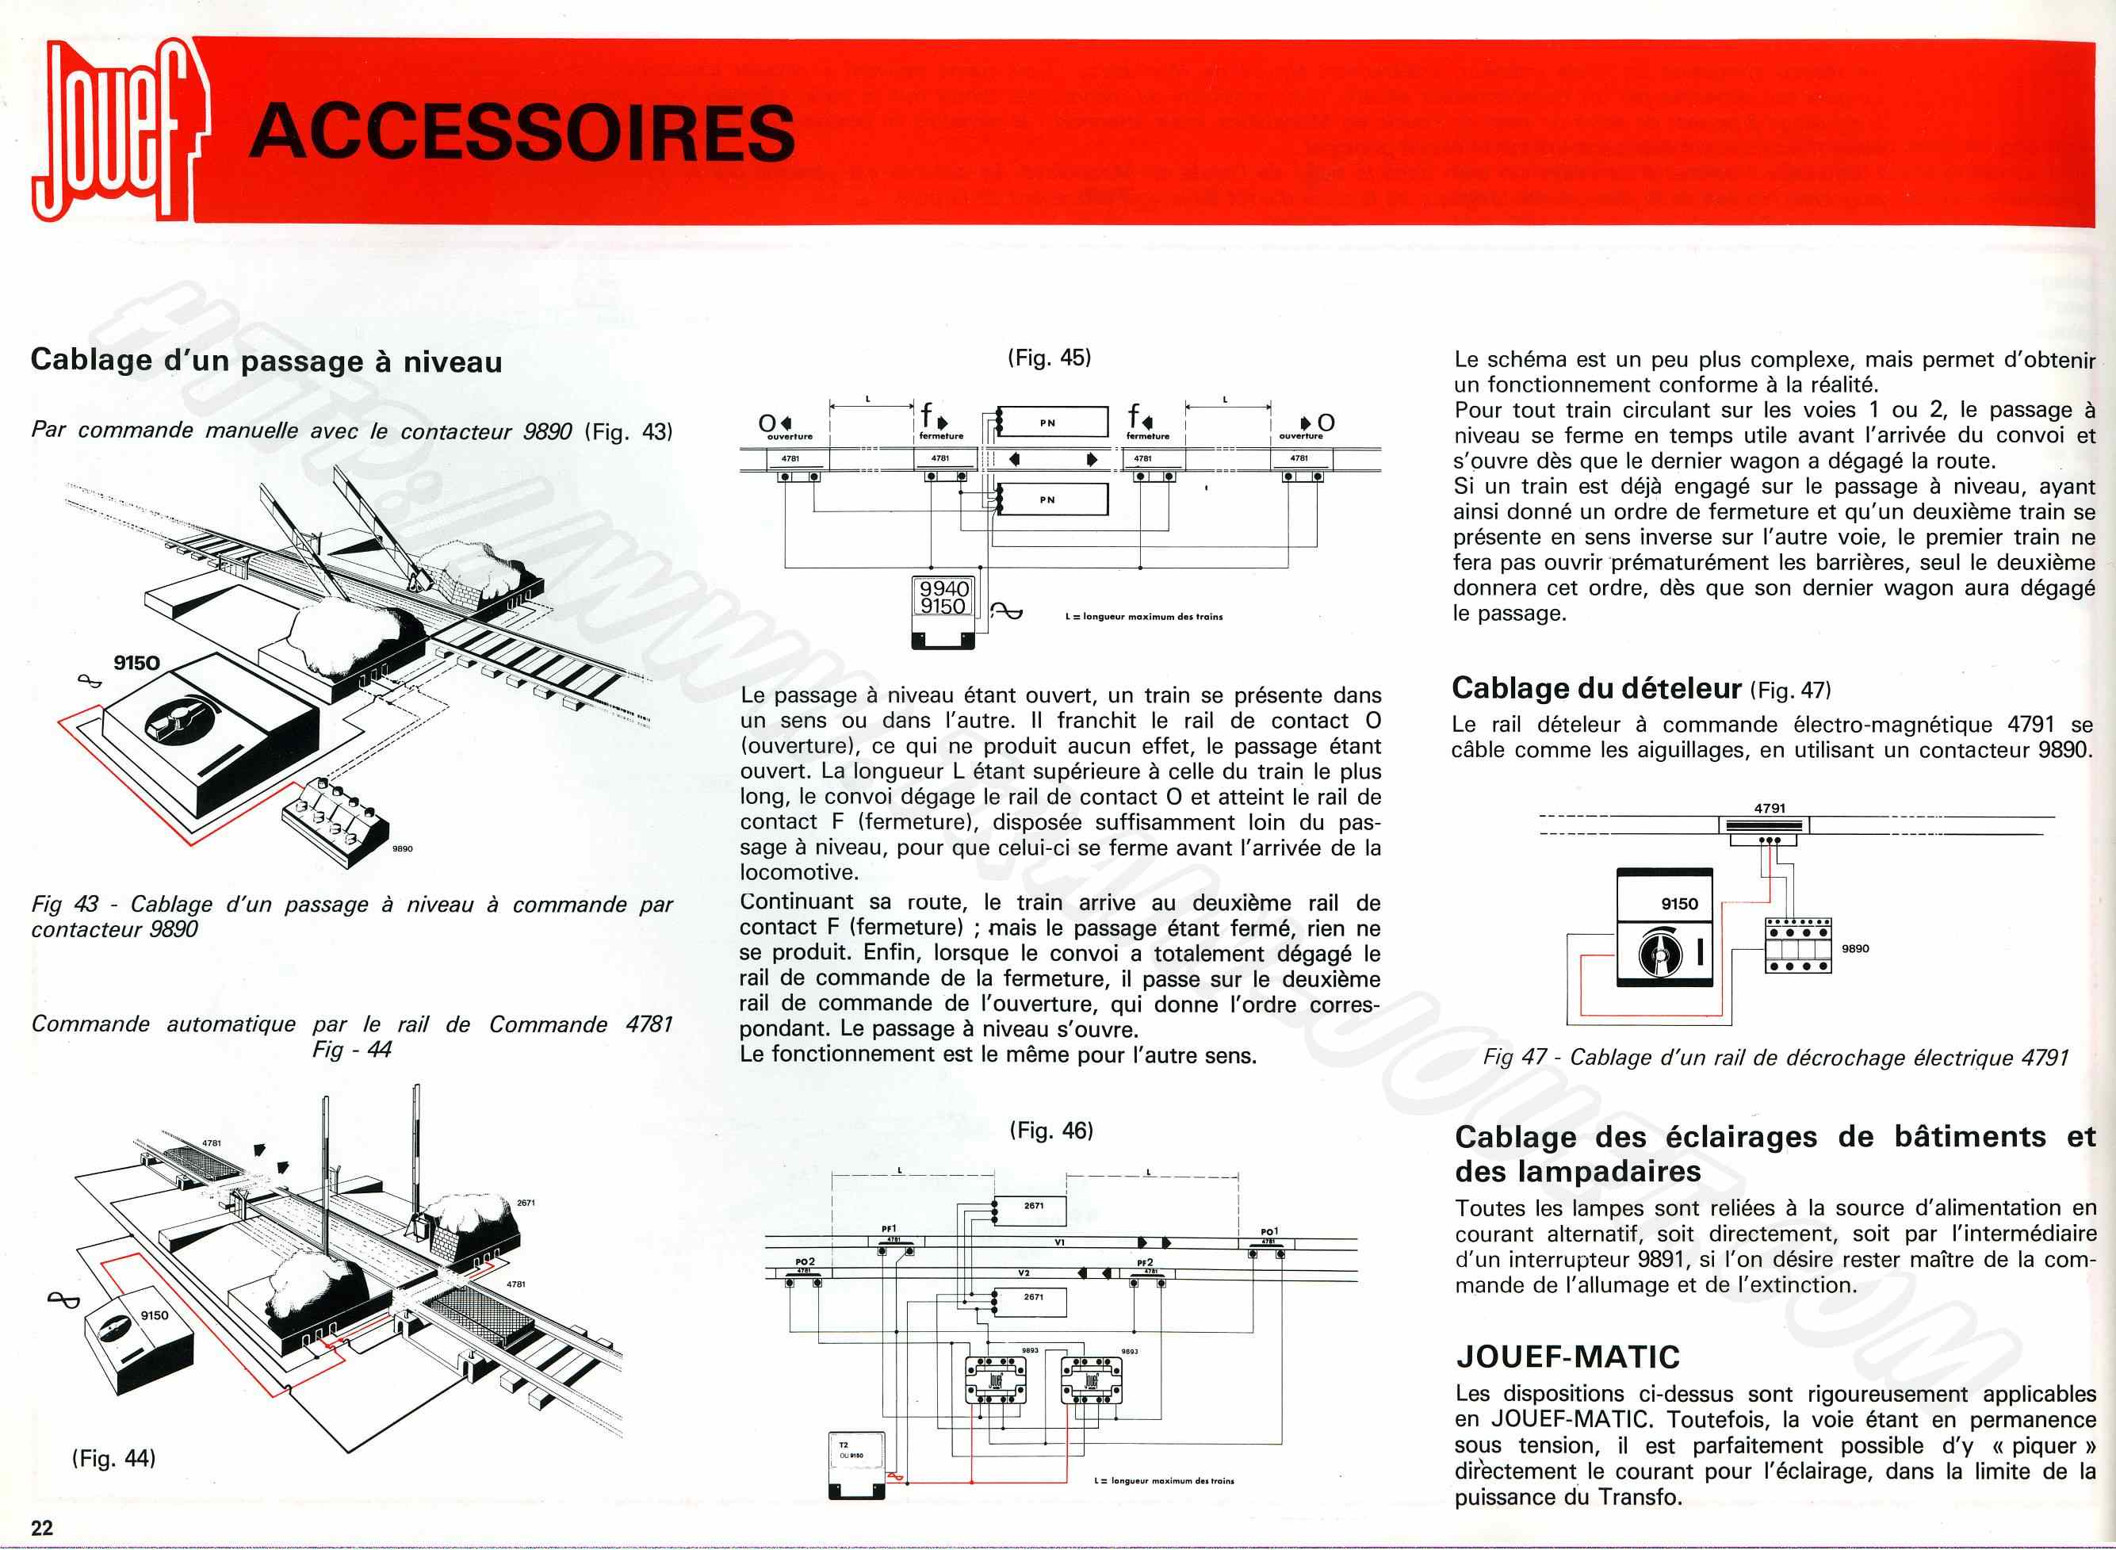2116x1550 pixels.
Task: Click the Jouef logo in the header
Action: [x=117, y=132]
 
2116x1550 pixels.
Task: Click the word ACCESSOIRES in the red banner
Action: [x=522, y=132]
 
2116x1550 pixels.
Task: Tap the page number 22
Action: [x=41, y=1526]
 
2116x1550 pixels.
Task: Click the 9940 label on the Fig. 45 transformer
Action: [x=943, y=588]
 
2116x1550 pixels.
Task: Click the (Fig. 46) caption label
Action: [x=1051, y=1131]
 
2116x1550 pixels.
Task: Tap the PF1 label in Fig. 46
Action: [x=888, y=1228]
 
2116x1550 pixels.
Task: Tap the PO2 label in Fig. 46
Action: [x=804, y=1261]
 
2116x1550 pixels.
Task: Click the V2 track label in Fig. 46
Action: [x=1024, y=1273]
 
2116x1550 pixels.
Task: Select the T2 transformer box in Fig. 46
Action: [x=856, y=1464]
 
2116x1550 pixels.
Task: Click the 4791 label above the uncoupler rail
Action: [x=1769, y=808]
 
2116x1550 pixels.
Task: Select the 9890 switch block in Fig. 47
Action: [x=1797, y=945]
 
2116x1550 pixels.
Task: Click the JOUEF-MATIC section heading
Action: [x=1567, y=1357]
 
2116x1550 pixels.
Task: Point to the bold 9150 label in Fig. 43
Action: [x=137, y=662]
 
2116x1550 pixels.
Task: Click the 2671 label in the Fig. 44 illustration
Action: [x=526, y=1203]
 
